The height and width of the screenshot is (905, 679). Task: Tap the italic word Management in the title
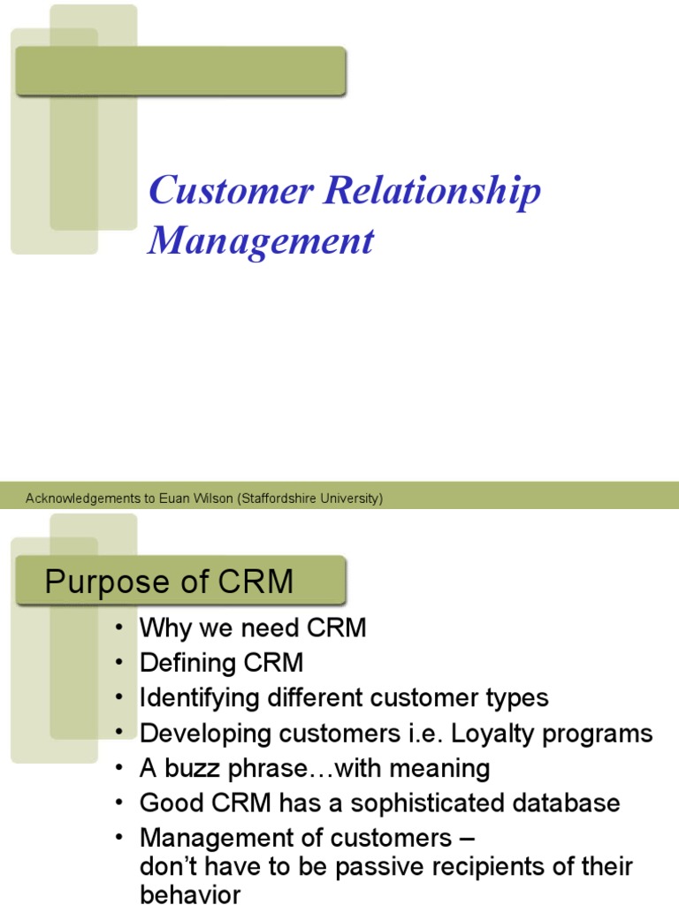click(x=261, y=240)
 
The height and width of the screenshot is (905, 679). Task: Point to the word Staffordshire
click(x=283, y=498)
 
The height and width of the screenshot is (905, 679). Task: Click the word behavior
click(x=190, y=894)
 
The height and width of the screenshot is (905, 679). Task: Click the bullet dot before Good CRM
click(x=119, y=803)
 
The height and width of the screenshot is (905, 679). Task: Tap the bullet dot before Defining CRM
click(x=119, y=664)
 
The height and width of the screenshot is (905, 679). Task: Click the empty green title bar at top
click(x=180, y=72)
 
